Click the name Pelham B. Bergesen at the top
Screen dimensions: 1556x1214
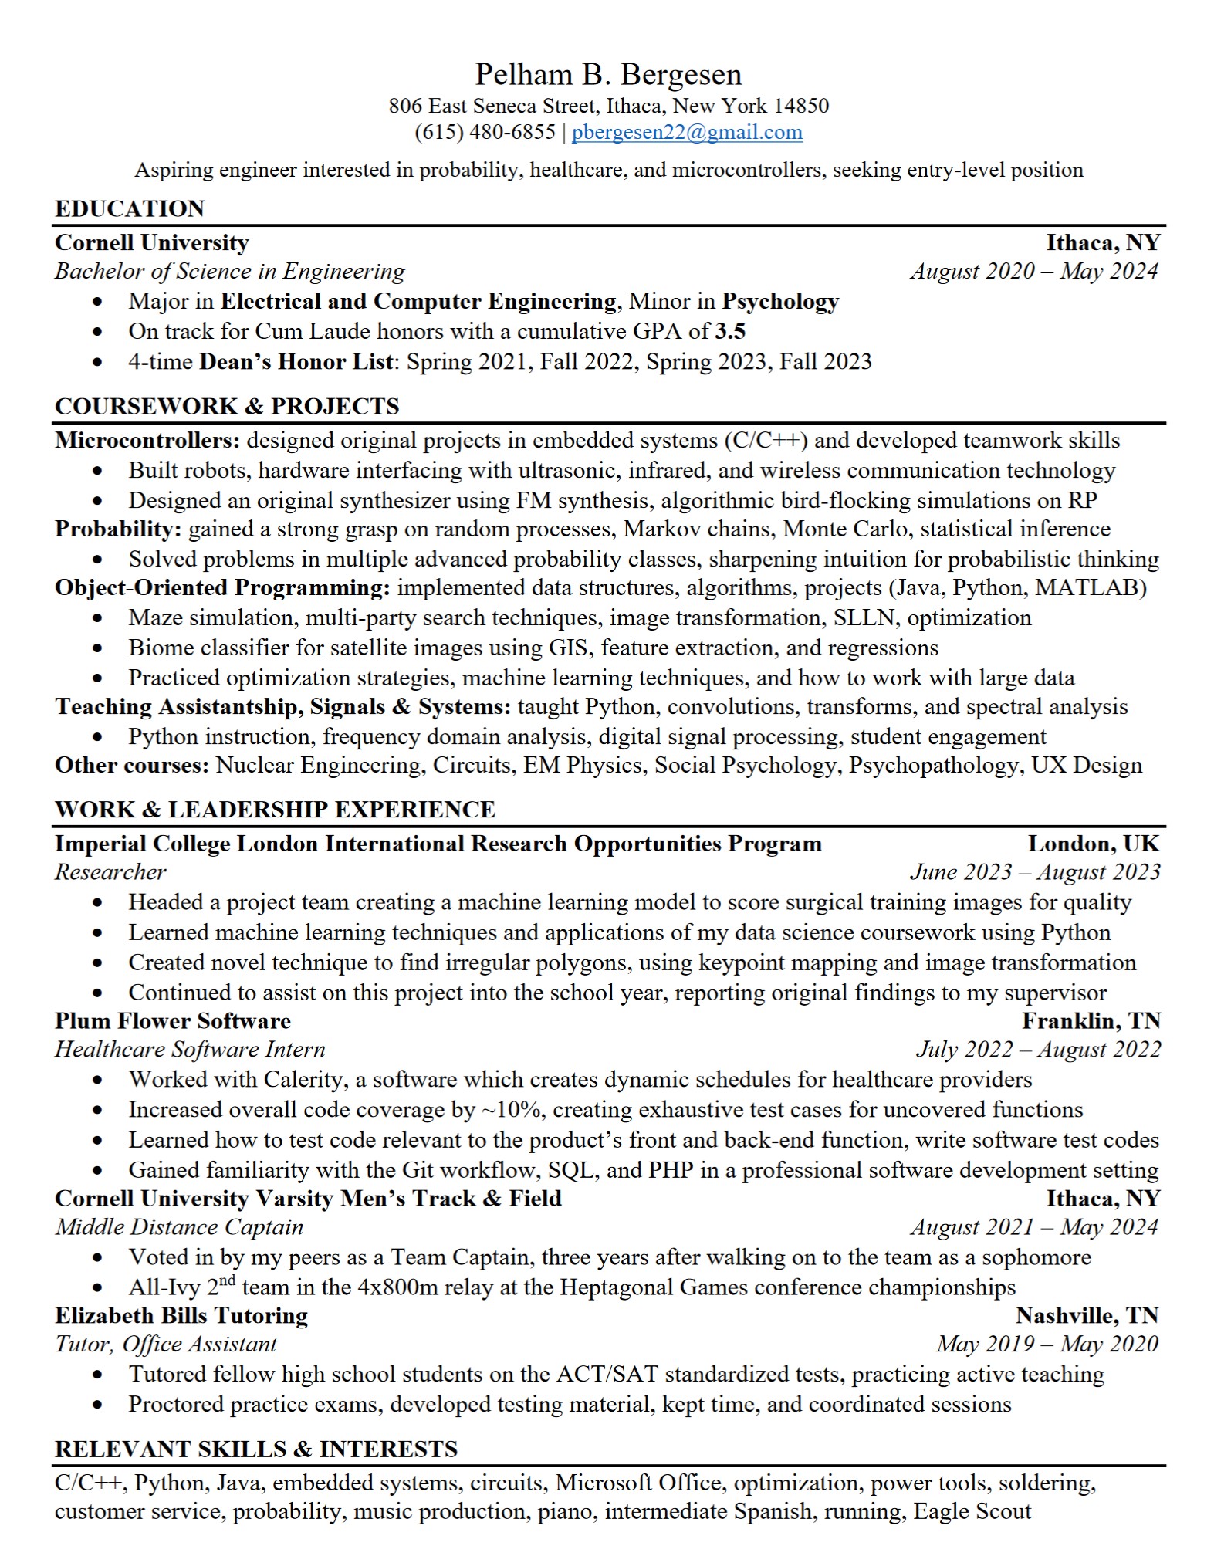tap(608, 75)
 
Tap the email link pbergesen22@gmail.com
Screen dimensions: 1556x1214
tap(687, 132)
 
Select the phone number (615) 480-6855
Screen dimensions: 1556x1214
tap(485, 132)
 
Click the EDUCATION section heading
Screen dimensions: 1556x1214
tap(130, 208)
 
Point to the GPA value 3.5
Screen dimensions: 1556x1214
tap(730, 331)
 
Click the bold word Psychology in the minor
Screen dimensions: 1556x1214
tap(780, 301)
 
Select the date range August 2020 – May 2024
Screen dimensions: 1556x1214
tap(1034, 271)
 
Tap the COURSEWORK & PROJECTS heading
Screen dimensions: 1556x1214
tap(227, 406)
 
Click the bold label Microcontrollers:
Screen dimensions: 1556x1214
tap(147, 440)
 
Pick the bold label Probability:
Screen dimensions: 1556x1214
tap(118, 529)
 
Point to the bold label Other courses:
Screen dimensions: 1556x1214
tap(132, 765)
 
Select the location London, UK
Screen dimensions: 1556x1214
tap(1094, 844)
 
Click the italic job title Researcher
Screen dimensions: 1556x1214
tap(110, 872)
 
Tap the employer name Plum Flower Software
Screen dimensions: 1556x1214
tap(173, 1021)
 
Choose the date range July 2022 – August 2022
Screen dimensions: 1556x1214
tap(1038, 1050)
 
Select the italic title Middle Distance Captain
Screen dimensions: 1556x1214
tap(179, 1227)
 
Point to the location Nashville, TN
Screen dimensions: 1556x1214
tap(1087, 1315)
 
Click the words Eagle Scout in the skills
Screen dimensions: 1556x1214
tap(972, 1511)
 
